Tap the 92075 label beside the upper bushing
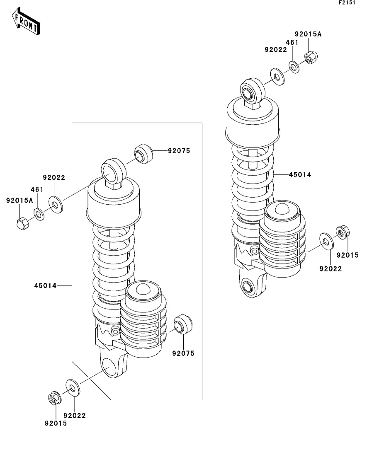click(x=179, y=151)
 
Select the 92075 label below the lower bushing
click(x=183, y=353)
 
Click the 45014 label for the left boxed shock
click(x=45, y=285)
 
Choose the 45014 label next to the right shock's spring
click(x=300, y=175)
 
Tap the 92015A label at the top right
click(x=308, y=34)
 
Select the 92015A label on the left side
click(x=19, y=201)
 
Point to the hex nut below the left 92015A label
click(x=23, y=224)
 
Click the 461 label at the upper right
click(x=292, y=42)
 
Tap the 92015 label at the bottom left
click(x=55, y=423)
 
